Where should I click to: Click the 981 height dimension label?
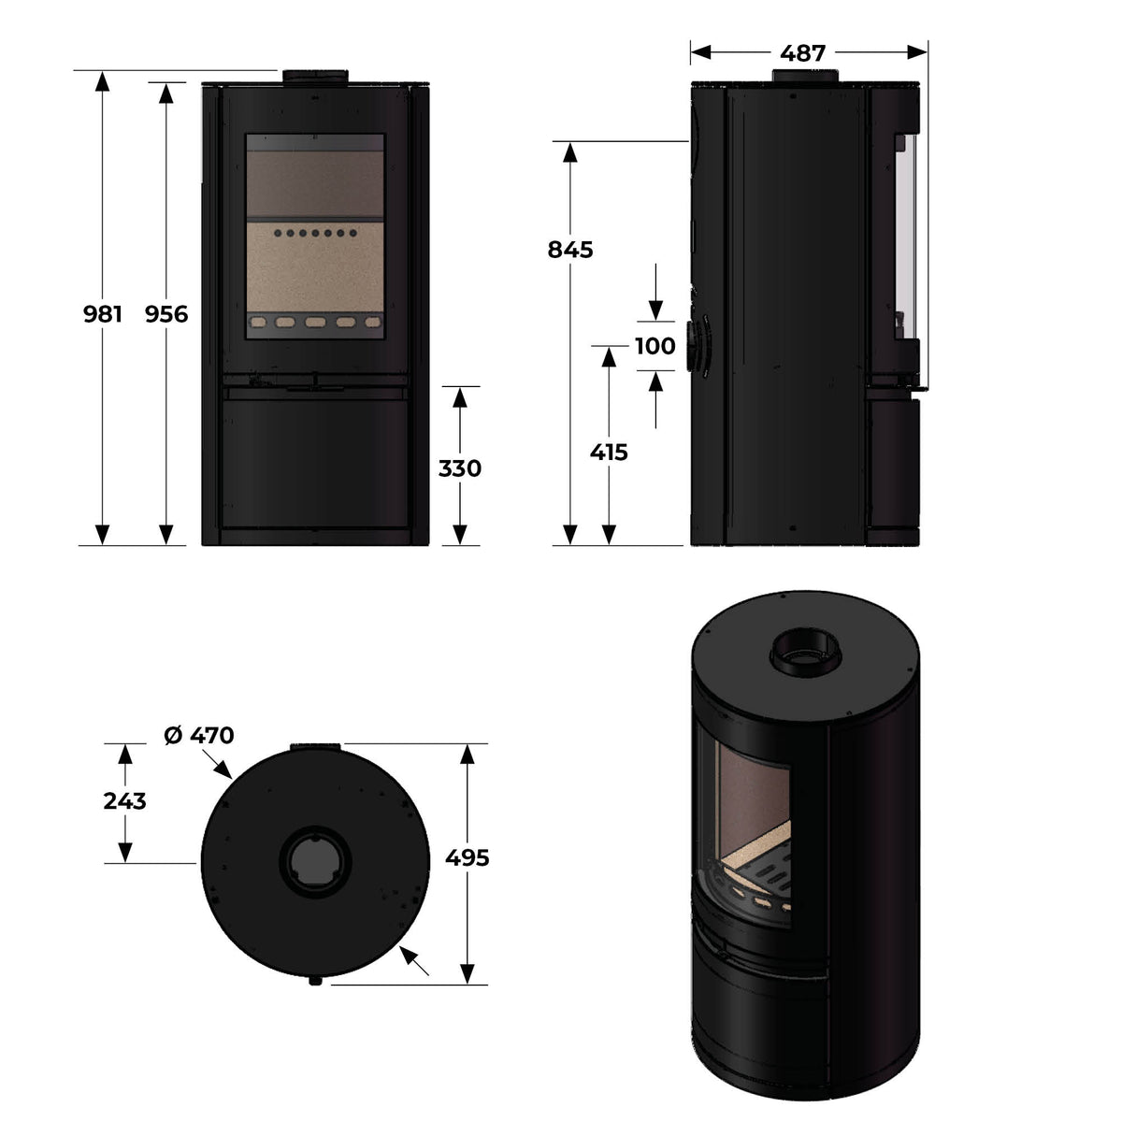[103, 315]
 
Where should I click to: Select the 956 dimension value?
[166, 315]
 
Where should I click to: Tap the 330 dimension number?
[459, 468]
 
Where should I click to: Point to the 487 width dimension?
[804, 53]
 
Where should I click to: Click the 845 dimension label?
[570, 251]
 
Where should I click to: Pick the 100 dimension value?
[654, 347]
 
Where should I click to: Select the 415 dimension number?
[609, 453]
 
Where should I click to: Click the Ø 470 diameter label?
[198, 736]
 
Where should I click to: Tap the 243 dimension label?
[125, 801]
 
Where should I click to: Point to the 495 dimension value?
[467, 857]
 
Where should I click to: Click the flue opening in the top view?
[315, 860]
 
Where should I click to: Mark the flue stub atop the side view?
[804, 77]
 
